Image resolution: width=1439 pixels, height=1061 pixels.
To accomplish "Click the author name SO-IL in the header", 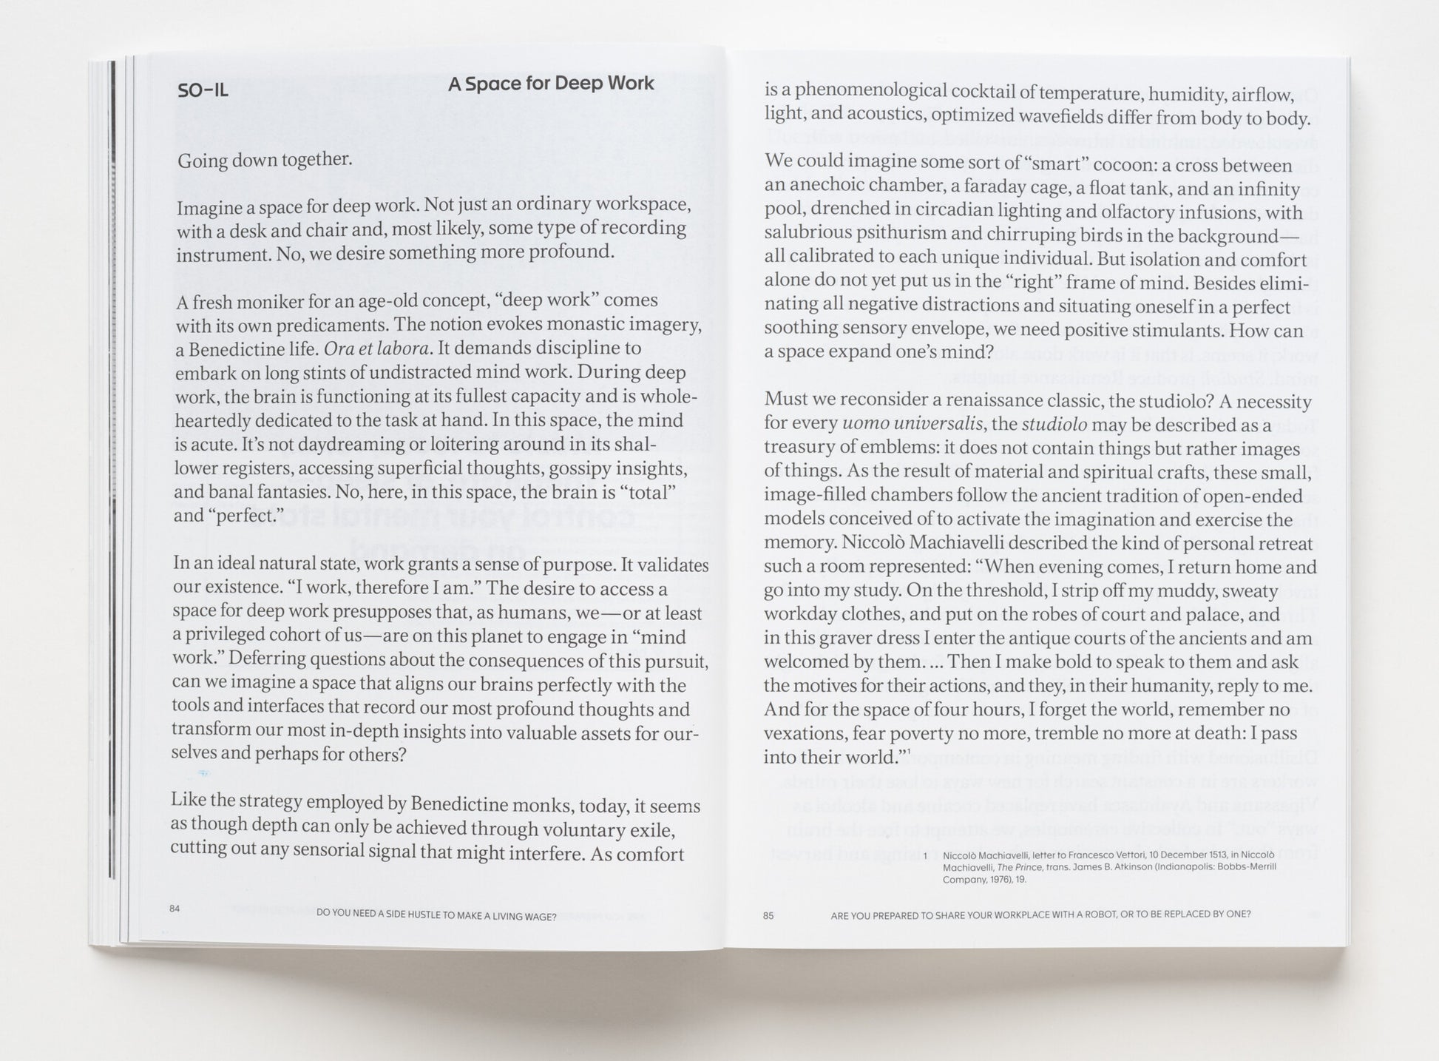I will [203, 91].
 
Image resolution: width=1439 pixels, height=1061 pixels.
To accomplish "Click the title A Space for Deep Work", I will [551, 84].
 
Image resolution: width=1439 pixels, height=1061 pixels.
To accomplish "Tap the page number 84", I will [175, 908].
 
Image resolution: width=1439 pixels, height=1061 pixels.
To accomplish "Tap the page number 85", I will [768, 915].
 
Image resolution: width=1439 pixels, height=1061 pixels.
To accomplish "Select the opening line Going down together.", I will [264, 160].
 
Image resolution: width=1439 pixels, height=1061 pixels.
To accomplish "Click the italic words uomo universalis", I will [913, 425].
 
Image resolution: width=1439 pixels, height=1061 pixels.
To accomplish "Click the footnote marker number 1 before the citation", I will [925, 855].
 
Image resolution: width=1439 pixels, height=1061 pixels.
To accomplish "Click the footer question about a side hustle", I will [436, 915].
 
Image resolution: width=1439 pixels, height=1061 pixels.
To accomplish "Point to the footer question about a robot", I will [1040, 915].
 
